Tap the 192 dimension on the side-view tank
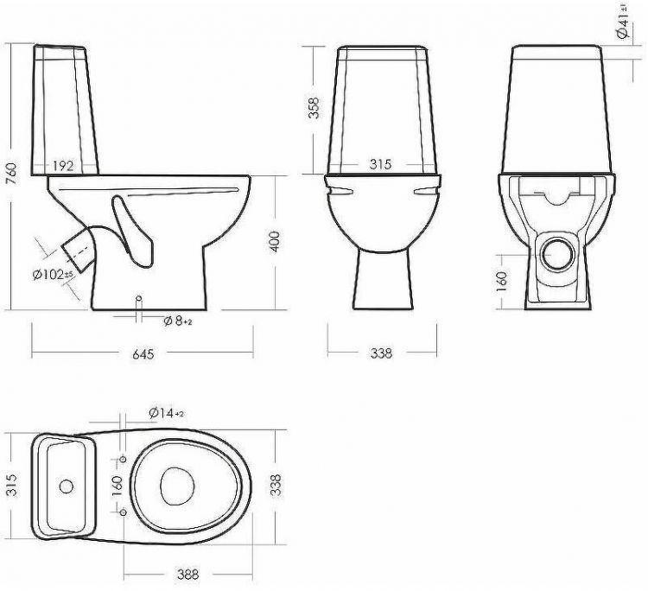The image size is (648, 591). (x=62, y=165)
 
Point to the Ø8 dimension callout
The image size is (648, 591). (x=177, y=321)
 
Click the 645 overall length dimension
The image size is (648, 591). (x=142, y=353)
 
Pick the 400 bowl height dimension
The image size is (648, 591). (x=275, y=242)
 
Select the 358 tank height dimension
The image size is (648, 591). (x=314, y=107)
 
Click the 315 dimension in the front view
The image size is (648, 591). (x=382, y=164)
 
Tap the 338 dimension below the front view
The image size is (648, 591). (x=381, y=353)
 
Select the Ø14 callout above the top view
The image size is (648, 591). (x=164, y=413)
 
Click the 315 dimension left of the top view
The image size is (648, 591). (x=11, y=486)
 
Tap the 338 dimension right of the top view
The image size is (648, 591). (x=276, y=486)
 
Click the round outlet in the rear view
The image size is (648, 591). (x=560, y=252)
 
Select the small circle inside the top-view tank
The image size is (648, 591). (x=67, y=486)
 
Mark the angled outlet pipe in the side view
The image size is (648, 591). (x=80, y=250)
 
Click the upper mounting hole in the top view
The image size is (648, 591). (x=124, y=457)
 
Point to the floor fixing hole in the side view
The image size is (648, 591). (x=139, y=299)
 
